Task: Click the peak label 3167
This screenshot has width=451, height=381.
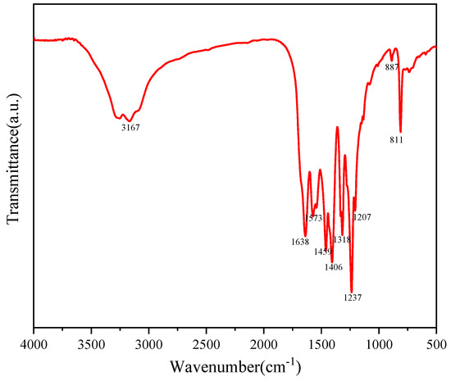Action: (x=130, y=128)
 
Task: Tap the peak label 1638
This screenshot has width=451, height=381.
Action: (x=299, y=242)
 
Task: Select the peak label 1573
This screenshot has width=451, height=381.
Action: (x=314, y=219)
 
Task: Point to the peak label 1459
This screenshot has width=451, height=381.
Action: (x=323, y=252)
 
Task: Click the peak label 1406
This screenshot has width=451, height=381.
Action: (x=333, y=266)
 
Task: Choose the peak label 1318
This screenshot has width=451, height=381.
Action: (x=342, y=239)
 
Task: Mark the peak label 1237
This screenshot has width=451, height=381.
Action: (x=352, y=297)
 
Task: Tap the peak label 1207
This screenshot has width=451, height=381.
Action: (x=362, y=217)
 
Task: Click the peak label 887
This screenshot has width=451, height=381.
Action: (x=392, y=67)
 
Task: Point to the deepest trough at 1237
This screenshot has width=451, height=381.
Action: (x=351, y=290)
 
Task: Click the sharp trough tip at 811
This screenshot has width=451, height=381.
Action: (x=400, y=131)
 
